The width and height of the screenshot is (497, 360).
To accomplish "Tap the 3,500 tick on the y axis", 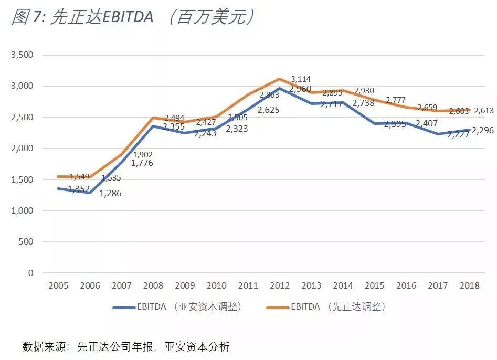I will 22,55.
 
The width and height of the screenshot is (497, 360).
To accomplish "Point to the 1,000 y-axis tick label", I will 22,211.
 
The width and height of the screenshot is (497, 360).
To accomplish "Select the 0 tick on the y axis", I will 30,273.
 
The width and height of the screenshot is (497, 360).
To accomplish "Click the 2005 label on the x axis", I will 58,286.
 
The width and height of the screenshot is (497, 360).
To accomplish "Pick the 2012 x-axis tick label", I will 280,286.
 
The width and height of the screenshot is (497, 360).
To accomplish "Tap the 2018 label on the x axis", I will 469,286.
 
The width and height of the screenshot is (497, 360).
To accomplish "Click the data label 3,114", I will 301,79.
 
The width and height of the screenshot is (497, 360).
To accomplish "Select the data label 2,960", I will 301,89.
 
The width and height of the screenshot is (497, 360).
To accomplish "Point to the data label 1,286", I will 110,194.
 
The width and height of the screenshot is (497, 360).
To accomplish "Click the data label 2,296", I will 482,131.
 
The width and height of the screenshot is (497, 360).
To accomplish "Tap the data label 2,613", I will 484,111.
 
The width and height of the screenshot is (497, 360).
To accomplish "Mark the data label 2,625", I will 268,110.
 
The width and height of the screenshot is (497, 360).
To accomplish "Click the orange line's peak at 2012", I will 280,79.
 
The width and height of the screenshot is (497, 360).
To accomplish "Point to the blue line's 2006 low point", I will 90,193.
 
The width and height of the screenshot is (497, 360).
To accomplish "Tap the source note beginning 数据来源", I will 126,347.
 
